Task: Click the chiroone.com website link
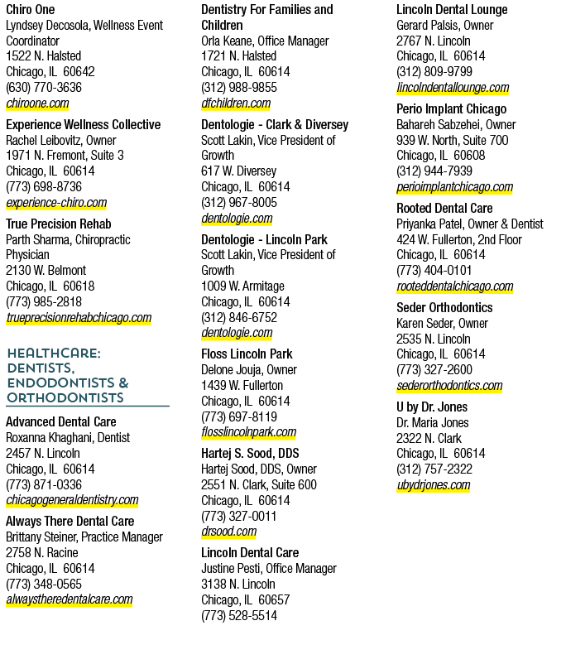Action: point(37,103)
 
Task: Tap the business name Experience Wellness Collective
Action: point(84,124)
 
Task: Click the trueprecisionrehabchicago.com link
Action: point(79,318)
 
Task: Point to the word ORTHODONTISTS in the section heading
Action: point(65,397)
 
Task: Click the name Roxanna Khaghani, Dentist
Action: point(68,438)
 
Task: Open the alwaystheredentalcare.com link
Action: point(70,599)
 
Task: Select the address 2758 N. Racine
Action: point(42,553)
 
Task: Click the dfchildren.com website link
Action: point(236,103)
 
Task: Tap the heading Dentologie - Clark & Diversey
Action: point(275,124)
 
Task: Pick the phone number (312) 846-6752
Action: point(239,318)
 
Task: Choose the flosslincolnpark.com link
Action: point(249,432)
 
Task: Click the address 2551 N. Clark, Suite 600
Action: point(259,485)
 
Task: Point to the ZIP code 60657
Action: point(274,600)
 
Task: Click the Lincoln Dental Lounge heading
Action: point(452,9)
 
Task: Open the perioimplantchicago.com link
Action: point(454,187)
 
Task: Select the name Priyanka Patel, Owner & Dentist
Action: point(470,224)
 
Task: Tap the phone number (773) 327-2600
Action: point(434,370)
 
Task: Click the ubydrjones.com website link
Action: point(434,485)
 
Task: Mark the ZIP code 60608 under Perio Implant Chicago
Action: point(469,156)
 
